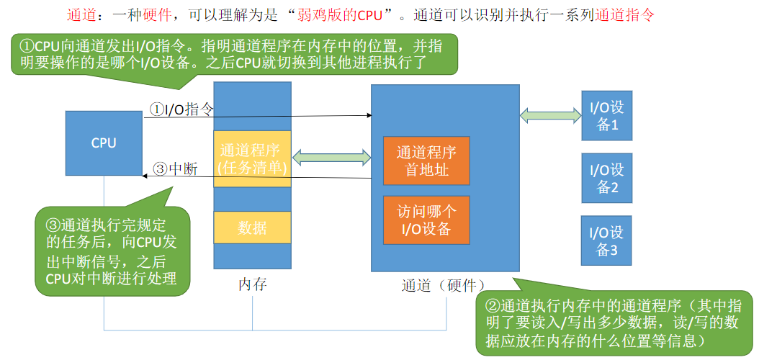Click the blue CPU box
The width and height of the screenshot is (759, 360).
point(104,143)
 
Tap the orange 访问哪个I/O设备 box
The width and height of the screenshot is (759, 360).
point(426,220)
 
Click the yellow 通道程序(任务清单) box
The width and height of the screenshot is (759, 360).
point(252,159)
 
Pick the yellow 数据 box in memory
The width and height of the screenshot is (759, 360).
point(252,228)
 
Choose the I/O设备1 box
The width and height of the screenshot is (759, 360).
point(606,116)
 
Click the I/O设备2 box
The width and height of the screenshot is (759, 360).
point(606,178)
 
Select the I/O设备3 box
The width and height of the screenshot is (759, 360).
point(606,240)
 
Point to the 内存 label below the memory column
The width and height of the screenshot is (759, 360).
point(252,284)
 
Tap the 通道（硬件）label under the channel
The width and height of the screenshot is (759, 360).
point(444,284)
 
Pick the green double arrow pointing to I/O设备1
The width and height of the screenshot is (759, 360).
point(550,114)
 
